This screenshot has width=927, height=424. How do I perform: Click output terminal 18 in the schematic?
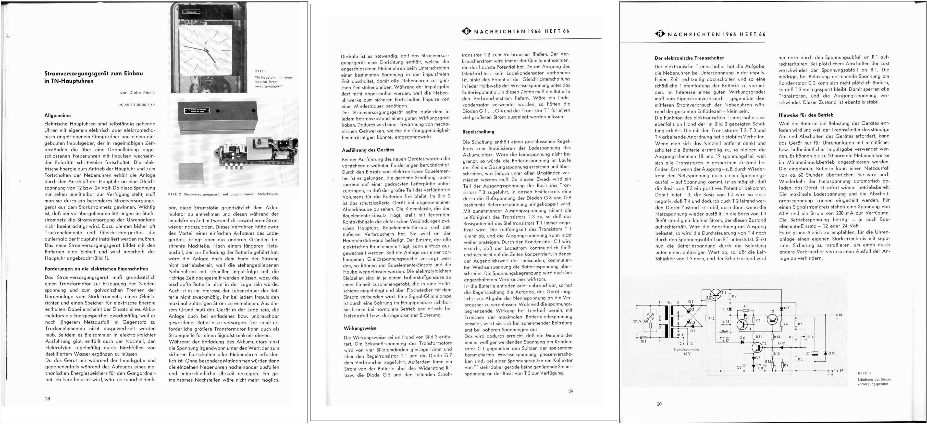[838, 315]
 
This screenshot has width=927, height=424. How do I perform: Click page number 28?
[48, 399]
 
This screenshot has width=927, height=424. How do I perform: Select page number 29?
[570, 391]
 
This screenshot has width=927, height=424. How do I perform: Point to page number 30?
[659, 404]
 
